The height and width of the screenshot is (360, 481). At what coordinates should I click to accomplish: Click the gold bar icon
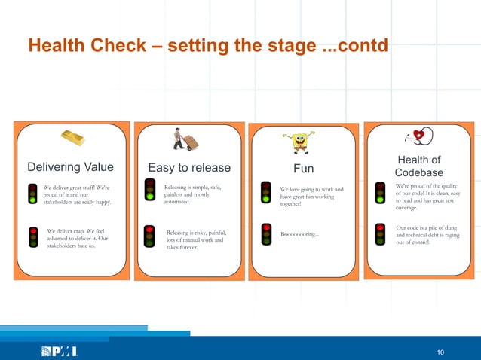click(x=73, y=137)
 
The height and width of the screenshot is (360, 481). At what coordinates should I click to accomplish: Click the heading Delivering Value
click(x=70, y=167)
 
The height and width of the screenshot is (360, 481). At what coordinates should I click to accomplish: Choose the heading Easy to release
click(x=188, y=167)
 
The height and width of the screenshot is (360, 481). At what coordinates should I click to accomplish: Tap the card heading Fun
click(x=303, y=168)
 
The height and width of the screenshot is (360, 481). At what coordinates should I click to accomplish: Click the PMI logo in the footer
click(x=59, y=352)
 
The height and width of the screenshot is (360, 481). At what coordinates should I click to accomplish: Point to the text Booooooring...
click(x=299, y=234)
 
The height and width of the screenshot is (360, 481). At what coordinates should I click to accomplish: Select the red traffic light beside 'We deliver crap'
click(x=33, y=237)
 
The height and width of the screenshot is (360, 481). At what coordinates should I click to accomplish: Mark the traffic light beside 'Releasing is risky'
click(x=149, y=236)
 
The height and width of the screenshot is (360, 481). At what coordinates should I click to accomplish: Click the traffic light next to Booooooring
click(x=266, y=233)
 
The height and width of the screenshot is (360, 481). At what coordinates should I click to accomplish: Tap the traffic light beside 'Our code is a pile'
click(x=379, y=233)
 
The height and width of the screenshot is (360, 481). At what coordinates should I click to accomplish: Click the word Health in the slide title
click(x=58, y=47)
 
